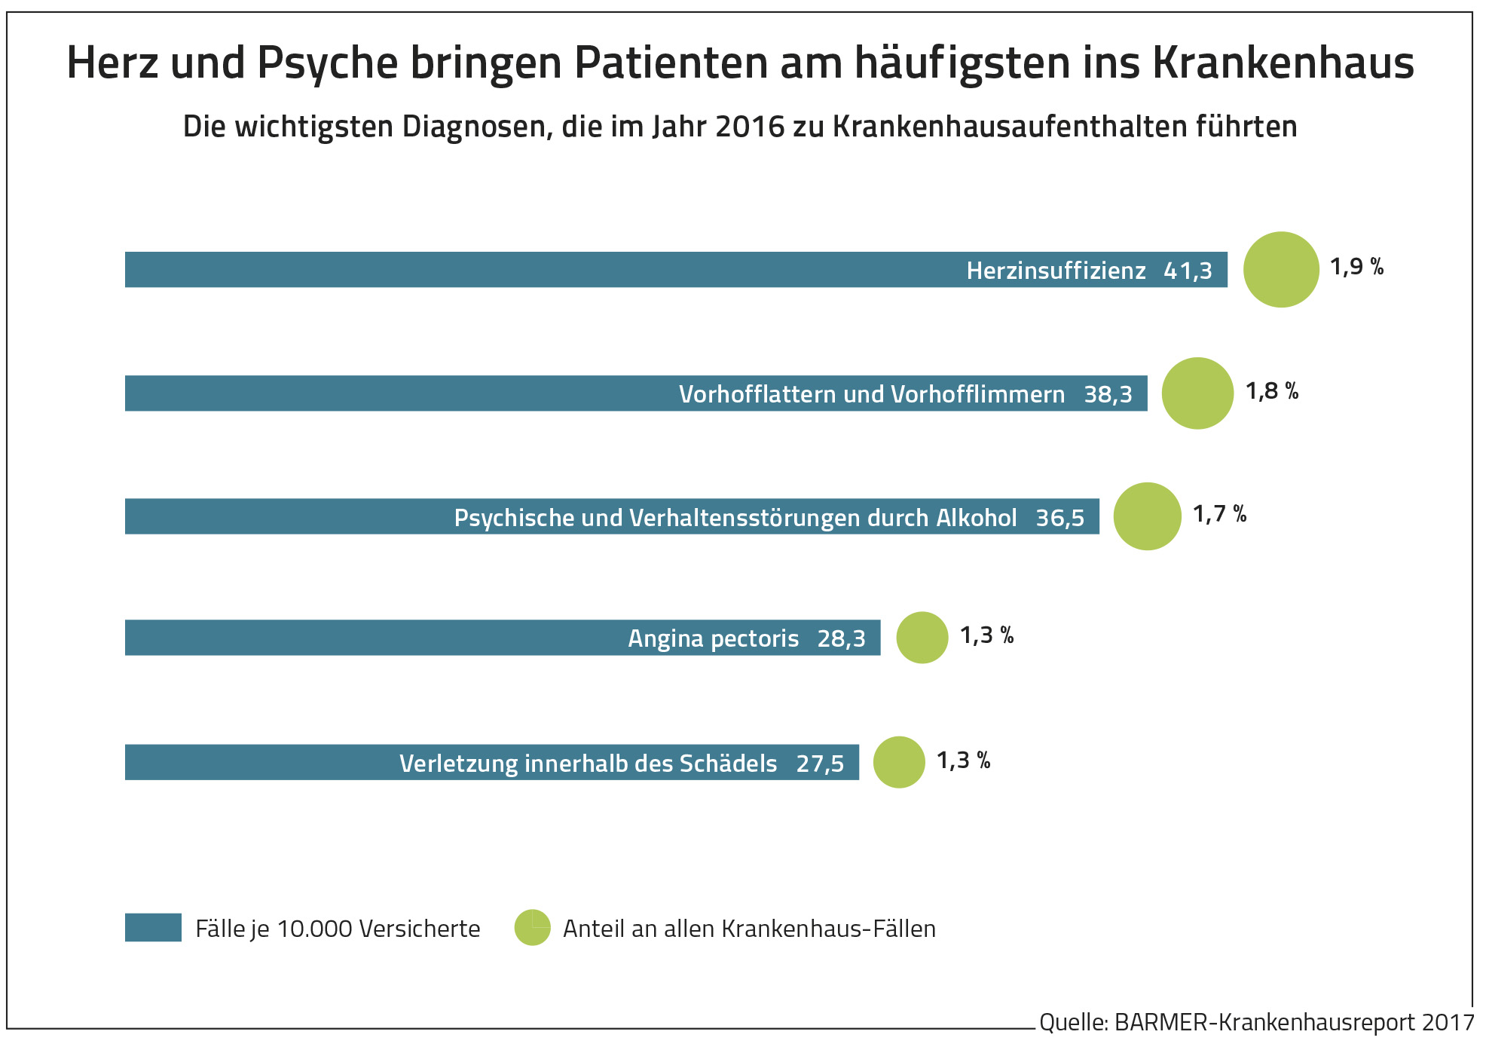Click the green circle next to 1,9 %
(1280, 269)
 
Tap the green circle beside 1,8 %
(1197, 393)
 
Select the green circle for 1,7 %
(1147, 516)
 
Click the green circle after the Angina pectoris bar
(922, 638)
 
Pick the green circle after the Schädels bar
(899, 762)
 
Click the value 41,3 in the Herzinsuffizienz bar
(1188, 271)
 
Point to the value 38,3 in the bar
(1108, 394)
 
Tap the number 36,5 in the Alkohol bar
(1059, 518)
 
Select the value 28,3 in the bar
(841, 639)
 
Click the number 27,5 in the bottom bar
(820, 764)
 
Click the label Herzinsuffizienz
(1056, 271)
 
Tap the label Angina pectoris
(713, 639)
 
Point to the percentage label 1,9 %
(1356, 267)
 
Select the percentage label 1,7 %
(1219, 514)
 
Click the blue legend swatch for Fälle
(153, 928)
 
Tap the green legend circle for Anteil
(532, 928)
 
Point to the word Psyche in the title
(328, 63)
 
